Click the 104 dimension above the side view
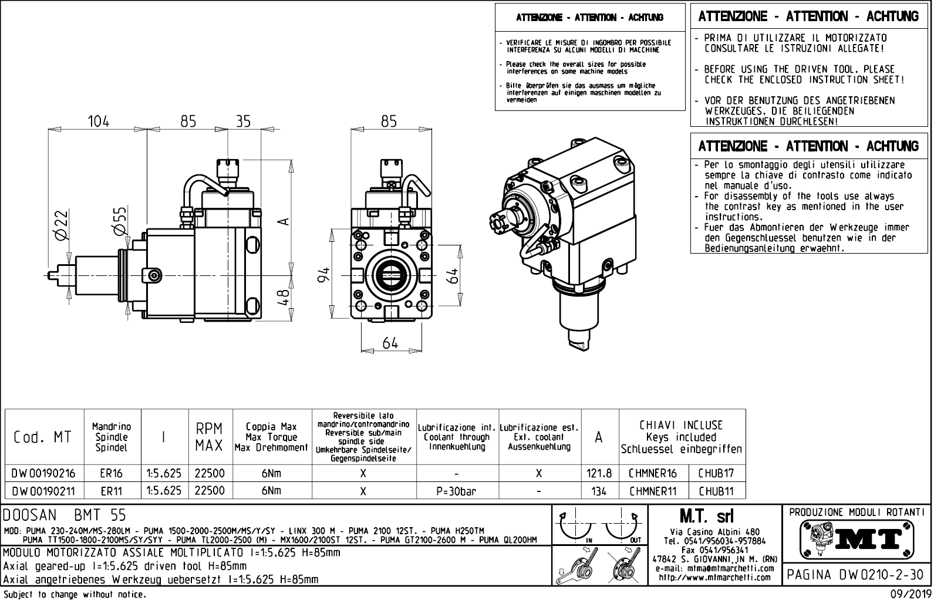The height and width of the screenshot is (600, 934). tap(98, 122)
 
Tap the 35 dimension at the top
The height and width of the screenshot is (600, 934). tap(243, 122)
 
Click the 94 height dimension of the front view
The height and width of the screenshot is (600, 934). tap(324, 274)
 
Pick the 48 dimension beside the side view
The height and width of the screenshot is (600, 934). tap(284, 296)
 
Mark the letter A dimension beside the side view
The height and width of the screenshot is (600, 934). tap(284, 221)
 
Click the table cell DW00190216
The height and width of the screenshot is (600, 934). tap(44, 473)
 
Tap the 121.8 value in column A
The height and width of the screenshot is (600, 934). tap(599, 473)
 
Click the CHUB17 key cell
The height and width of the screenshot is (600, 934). tap(716, 473)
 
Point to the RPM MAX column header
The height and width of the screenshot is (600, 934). tap(210, 437)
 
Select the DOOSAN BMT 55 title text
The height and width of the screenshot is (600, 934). tap(65, 515)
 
